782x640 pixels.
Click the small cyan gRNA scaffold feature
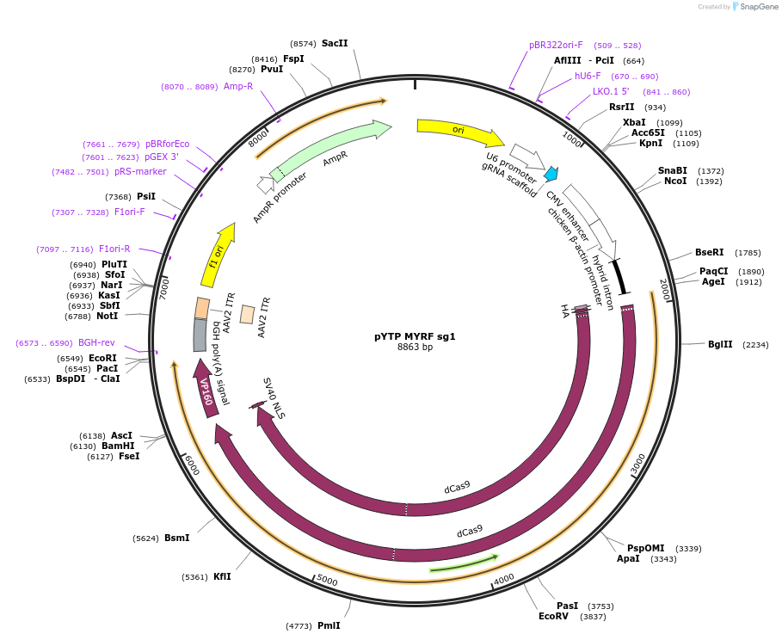(x=551, y=174)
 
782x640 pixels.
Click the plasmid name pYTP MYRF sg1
(x=415, y=336)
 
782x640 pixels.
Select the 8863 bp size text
(x=415, y=348)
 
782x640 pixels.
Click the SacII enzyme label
(x=335, y=43)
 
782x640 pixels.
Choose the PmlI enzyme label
(x=329, y=625)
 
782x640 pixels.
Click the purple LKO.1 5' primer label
(x=611, y=91)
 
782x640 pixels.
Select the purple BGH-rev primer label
(x=96, y=342)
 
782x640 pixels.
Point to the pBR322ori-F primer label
(x=556, y=45)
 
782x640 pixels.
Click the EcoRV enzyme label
(x=554, y=616)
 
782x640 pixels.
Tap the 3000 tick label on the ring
(x=637, y=464)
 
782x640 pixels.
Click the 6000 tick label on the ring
(x=191, y=465)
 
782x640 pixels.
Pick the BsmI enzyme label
(x=176, y=538)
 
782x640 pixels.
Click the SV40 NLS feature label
(x=274, y=398)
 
